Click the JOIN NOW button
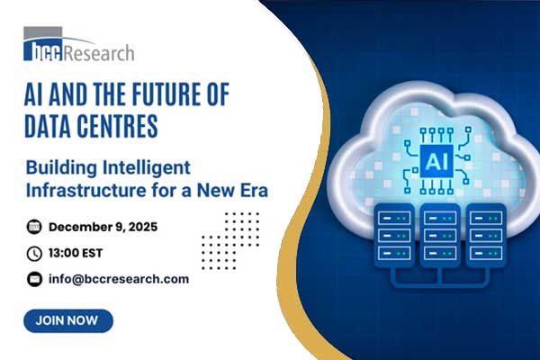click(68, 320)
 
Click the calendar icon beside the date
click(35, 226)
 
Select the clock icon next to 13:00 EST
click(35, 253)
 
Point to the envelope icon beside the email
click(35, 279)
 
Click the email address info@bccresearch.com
click(119, 279)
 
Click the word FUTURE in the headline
click(157, 93)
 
